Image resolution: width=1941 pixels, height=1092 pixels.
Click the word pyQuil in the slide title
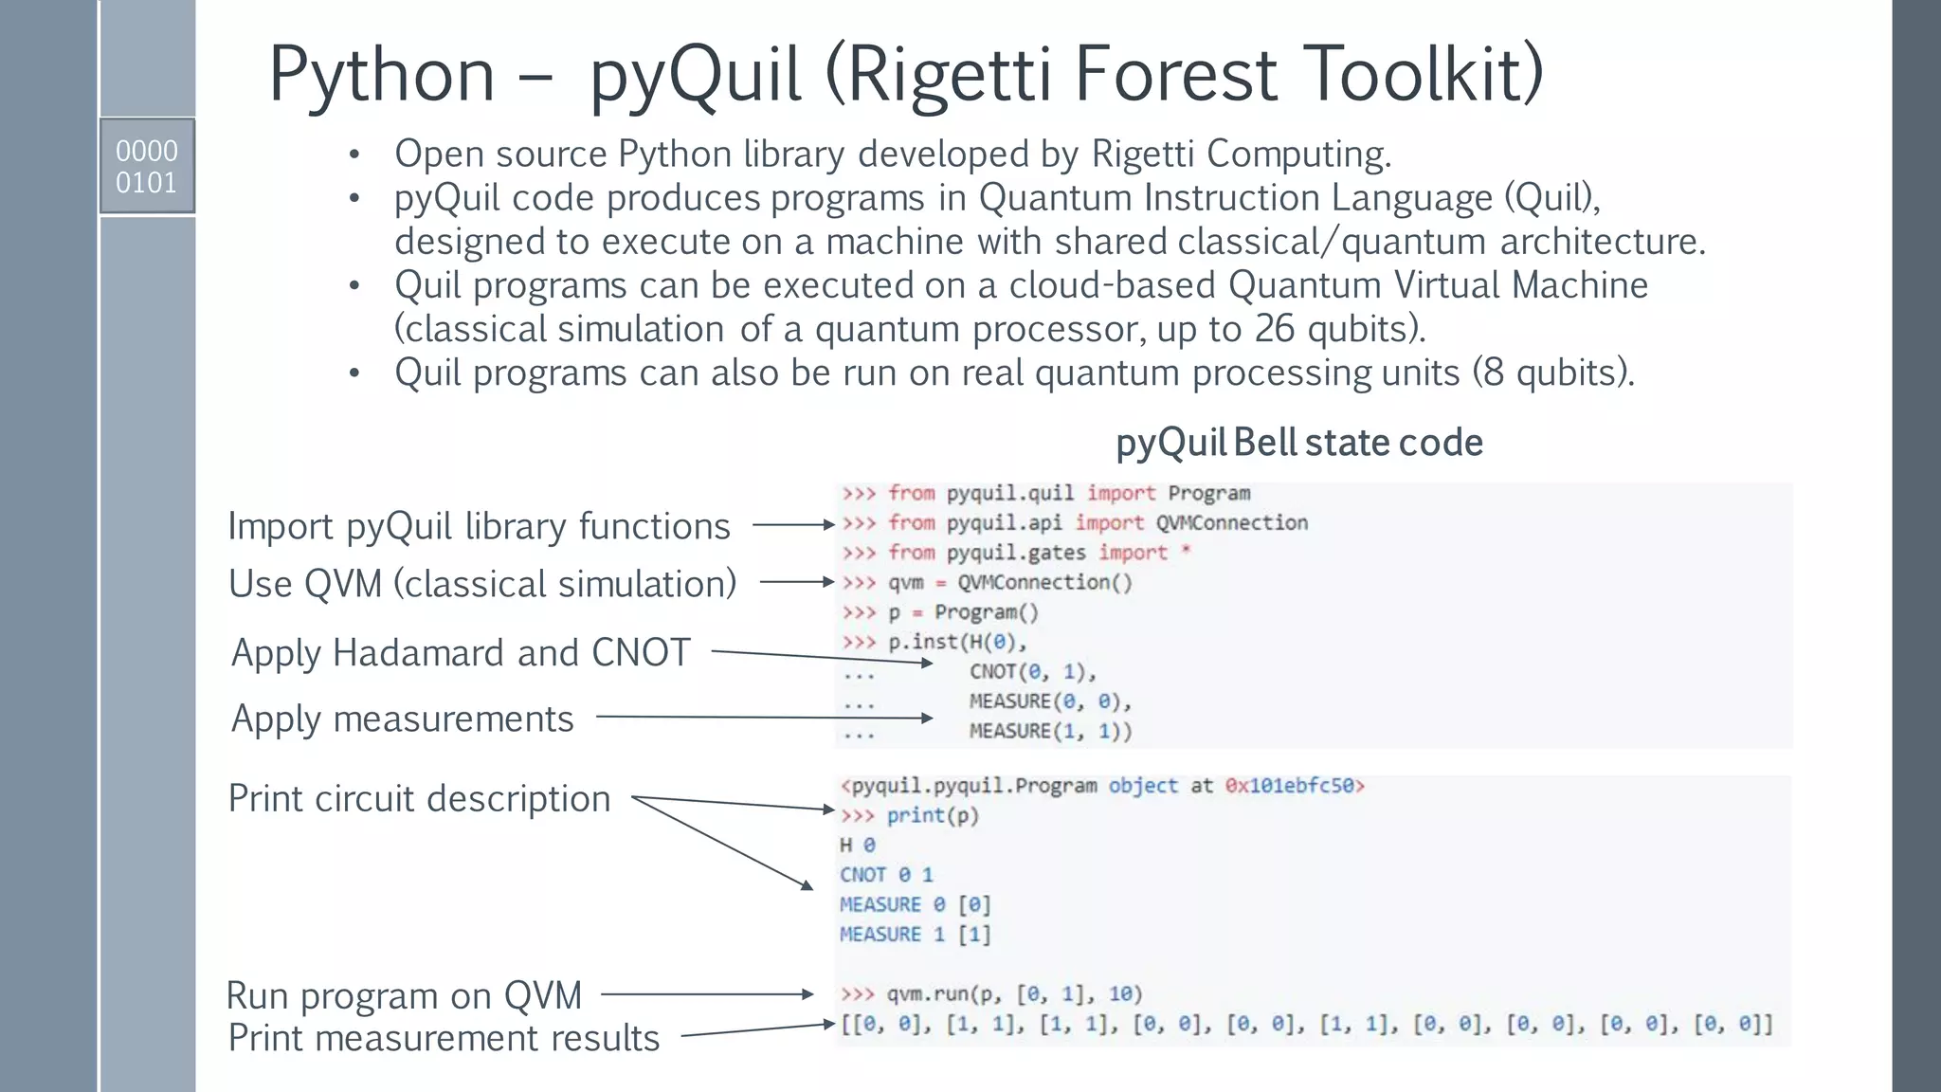(695, 76)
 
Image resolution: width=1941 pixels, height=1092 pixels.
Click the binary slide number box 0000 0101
(147, 166)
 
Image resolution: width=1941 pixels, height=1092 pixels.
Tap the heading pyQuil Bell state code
(1298, 443)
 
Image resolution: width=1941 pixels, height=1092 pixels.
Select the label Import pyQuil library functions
(479, 526)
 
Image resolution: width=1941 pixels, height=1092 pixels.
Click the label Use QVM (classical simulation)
(481, 584)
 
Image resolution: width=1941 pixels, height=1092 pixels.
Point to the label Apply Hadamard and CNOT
(461, 653)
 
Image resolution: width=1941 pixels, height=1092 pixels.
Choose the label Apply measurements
(402, 719)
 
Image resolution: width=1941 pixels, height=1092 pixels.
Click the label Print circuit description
(419, 798)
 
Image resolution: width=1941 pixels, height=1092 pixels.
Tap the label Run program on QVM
(404, 995)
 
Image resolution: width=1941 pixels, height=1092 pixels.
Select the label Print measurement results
(444, 1038)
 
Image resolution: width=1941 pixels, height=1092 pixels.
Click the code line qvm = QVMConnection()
(1009, 582)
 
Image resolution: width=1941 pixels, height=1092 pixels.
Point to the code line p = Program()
(963, 611)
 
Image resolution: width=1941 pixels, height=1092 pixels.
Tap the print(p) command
(932, 815)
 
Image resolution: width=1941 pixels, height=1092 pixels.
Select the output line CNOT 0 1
(886, 874)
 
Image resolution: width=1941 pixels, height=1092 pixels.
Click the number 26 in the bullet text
(1274, 329)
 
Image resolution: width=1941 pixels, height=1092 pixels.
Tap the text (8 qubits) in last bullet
(1552, 373)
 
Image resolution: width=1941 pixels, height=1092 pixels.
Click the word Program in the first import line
(1208, 493)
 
